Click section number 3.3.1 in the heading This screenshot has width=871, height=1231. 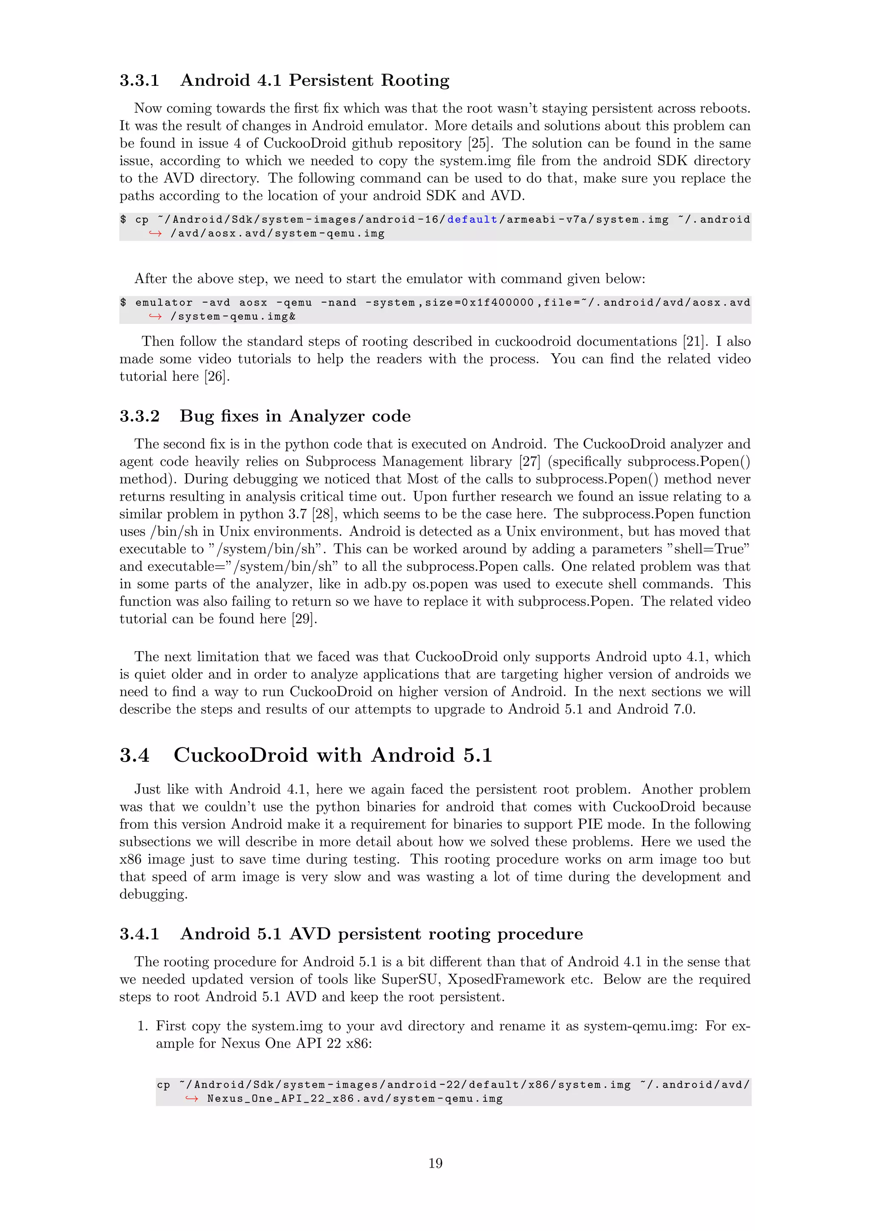[139, 80]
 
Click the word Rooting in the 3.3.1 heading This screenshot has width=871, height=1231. [415, 80]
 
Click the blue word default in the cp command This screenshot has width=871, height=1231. [472, 219]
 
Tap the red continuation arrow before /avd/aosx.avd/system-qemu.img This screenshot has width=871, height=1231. [156, 233]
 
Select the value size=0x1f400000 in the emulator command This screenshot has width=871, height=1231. [479, 302]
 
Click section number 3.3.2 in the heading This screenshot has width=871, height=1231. [139, 416]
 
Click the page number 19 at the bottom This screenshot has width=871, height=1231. [435, 1163]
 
